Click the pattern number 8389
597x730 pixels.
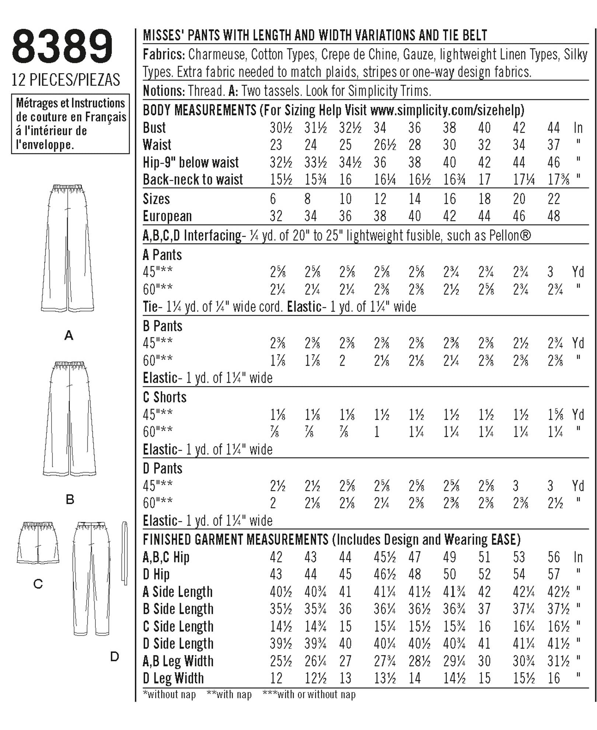click(x=62, y=47)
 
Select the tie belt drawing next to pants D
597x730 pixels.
click(x=125, y=553)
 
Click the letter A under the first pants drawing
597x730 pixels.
click(x=69, y=336)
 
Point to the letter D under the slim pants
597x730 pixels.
click(x=115, y=656)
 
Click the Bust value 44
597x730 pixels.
click(x=554, y=128)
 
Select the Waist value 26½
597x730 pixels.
click(x=385, y=145)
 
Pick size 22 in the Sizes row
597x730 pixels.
click(x=554, y=199)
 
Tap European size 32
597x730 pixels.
click(x=276, y=216)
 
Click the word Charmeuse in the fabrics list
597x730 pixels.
click(x=217, y=55)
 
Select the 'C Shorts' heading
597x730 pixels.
click(x=164, y=397)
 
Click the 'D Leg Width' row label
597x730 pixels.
click(x=173, y=678)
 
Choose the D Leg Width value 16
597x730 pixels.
click(x=554, y=678)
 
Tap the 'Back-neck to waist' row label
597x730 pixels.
click(x=193, y=180)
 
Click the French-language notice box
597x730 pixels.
click(x=70, y=124)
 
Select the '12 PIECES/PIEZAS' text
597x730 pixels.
click(x=66, y=80)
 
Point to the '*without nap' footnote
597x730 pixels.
click(x=169, y=695)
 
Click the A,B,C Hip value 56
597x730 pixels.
click(x=554, y=557)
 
